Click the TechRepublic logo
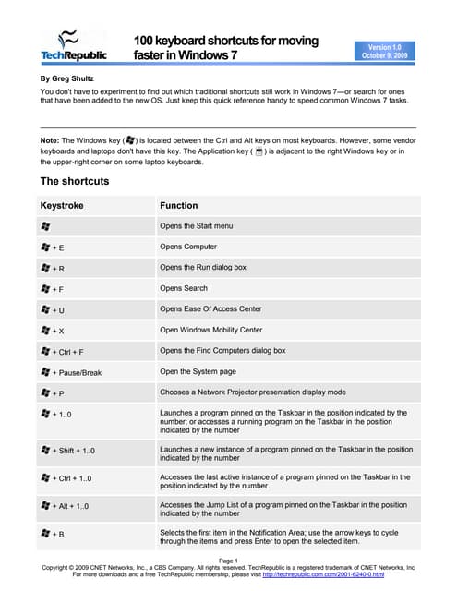tap(73, 45)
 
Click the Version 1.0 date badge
tap(385, 50)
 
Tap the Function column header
tap(178, 205)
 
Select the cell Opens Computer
tap(188, 247)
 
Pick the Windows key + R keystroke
tap(53, 268)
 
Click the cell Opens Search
tap(184, 288)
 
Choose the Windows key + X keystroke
tap(53, 330)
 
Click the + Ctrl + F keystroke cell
tap(64, 351)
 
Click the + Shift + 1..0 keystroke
tap(68, 452)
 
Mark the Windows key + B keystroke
tap(53, 534)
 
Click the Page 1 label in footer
tap(228, 560)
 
